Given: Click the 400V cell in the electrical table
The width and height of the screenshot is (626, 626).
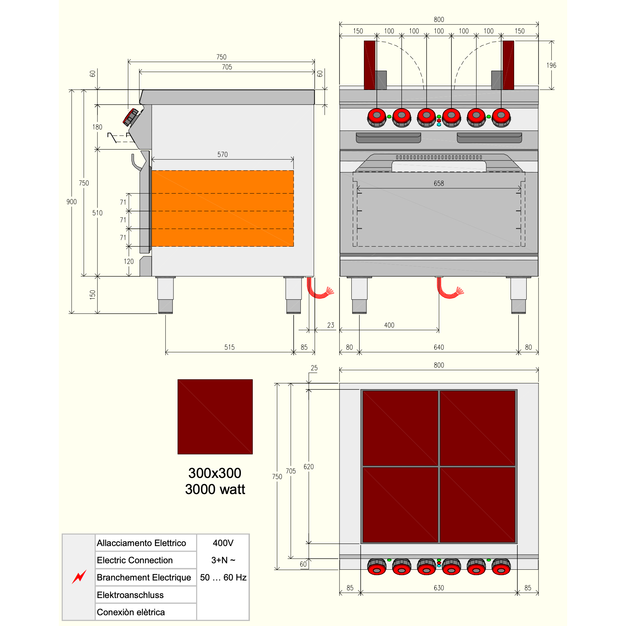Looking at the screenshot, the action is [223, 543].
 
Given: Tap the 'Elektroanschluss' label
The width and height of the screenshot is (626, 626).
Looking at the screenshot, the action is [130, 595].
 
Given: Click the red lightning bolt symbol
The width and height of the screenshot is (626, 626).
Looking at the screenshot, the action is [79, 577].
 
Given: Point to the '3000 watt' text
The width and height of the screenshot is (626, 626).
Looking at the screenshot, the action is [215, 489].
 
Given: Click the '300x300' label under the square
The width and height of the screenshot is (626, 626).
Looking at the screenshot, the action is [215, 473].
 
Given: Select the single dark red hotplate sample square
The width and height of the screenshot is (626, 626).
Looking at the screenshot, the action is [215, 417].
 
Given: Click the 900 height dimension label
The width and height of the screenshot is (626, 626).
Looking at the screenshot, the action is [72, 202].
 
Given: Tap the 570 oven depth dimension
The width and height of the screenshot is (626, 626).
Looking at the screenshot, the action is [223, 155].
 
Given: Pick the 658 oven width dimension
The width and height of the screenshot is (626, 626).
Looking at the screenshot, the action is [439, 184].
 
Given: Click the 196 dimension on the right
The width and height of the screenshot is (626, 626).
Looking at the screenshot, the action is [551, 65].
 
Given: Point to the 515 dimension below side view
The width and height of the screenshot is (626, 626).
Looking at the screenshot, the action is [229, 347].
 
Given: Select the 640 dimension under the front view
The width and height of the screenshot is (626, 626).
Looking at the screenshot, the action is [439, 347].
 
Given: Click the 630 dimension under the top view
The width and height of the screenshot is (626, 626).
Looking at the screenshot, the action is [439, 588].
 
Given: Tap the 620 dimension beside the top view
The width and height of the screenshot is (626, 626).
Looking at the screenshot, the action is [309, 466].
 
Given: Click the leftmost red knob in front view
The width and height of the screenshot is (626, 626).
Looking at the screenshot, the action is [377, 117].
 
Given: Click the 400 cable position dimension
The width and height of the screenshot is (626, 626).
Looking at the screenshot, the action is [389, 325].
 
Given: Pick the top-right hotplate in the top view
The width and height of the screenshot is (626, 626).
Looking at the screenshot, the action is [478, 428].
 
